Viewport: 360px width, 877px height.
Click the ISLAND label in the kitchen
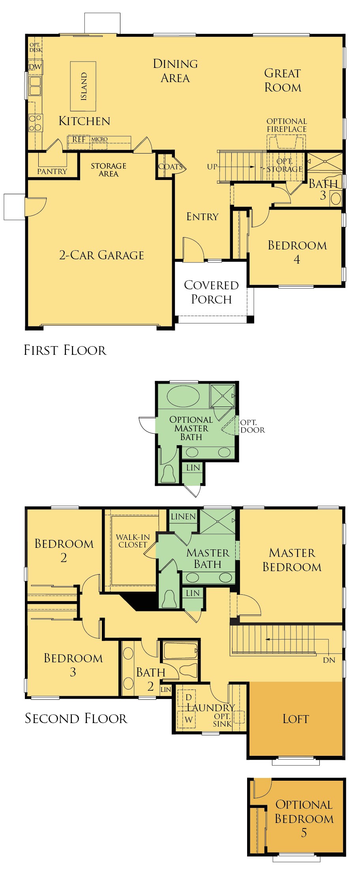(84, 86)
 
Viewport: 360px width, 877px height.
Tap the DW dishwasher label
(35, 67)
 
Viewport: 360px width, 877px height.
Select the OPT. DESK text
(35, 47)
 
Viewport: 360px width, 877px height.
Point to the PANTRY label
(52, 171)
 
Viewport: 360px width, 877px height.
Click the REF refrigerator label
(79, 139)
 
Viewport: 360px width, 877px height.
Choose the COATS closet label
(170, 167)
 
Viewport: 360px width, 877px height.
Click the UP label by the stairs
(212, 167)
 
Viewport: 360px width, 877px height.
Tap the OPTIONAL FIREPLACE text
(287, 125)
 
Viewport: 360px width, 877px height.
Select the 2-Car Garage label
(101, 255)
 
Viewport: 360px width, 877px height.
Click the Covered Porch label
(211, 292)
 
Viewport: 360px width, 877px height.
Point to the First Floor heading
(65, 350)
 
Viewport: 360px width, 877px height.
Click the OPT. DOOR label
(252, 426)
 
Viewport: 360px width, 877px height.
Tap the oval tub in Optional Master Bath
(183, 396)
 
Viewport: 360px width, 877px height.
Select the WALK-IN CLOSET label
(133, 541)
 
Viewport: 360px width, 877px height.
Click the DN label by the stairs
(329, 660)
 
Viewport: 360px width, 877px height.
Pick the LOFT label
(296, 719)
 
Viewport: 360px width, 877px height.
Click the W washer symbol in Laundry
(189, 720)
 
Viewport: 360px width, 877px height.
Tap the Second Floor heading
(76, 718)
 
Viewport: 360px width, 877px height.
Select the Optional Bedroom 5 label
(304, 818)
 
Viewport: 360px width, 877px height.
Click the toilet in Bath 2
(188, 670)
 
